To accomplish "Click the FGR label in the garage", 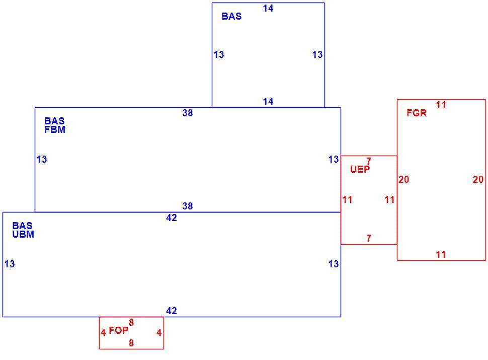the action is click(x=417, y=113).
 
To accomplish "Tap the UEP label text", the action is click(x=360, y=169).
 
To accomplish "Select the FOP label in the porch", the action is click(x=118, y=330).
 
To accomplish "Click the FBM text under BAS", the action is click(x=55, y=129).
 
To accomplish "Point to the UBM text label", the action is click(x=23, y=234).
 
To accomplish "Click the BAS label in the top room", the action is click(x=231, y=16).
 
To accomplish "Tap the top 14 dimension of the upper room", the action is click(x=268, y=9).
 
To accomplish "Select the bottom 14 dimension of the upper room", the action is click(x=268, y=101).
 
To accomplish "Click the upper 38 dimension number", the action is click(x=187, y=113).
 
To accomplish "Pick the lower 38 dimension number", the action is click(x=187, y=206).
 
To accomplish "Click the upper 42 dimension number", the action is click(x=172, y=218).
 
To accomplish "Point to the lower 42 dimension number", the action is click(x=172, y=311).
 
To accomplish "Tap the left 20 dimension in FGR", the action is click(x=403, y=179).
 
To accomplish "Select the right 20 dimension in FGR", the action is click(x=478, y=179).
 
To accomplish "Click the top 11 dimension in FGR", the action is click(x=441, y=105).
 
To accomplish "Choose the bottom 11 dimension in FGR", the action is click(x=441, y=254).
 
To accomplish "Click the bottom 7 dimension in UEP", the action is click(x=369, y=238).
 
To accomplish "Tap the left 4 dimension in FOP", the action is click(x=103, y=333).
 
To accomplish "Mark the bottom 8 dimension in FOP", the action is click(x=131, y=343).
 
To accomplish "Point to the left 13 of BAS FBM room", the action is click(x=42, y=159).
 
